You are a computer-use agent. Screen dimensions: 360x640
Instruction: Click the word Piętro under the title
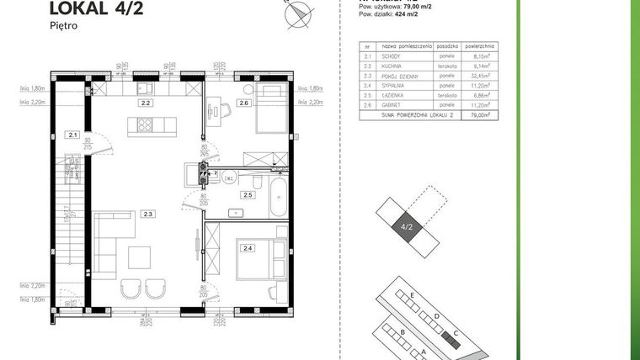point(65,26)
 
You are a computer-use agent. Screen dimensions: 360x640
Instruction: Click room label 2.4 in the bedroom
point(248,248)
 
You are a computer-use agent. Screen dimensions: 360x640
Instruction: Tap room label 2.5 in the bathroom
point(248,195)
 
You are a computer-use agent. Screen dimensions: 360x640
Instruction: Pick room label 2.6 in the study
point(243,103)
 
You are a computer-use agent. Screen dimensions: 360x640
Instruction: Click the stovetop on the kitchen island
point(141,126)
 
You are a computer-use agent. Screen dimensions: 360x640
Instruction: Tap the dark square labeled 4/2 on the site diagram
point(407,226)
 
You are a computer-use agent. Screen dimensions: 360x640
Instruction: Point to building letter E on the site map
point(411,296)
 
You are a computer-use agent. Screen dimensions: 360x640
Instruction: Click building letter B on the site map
point(403,332)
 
